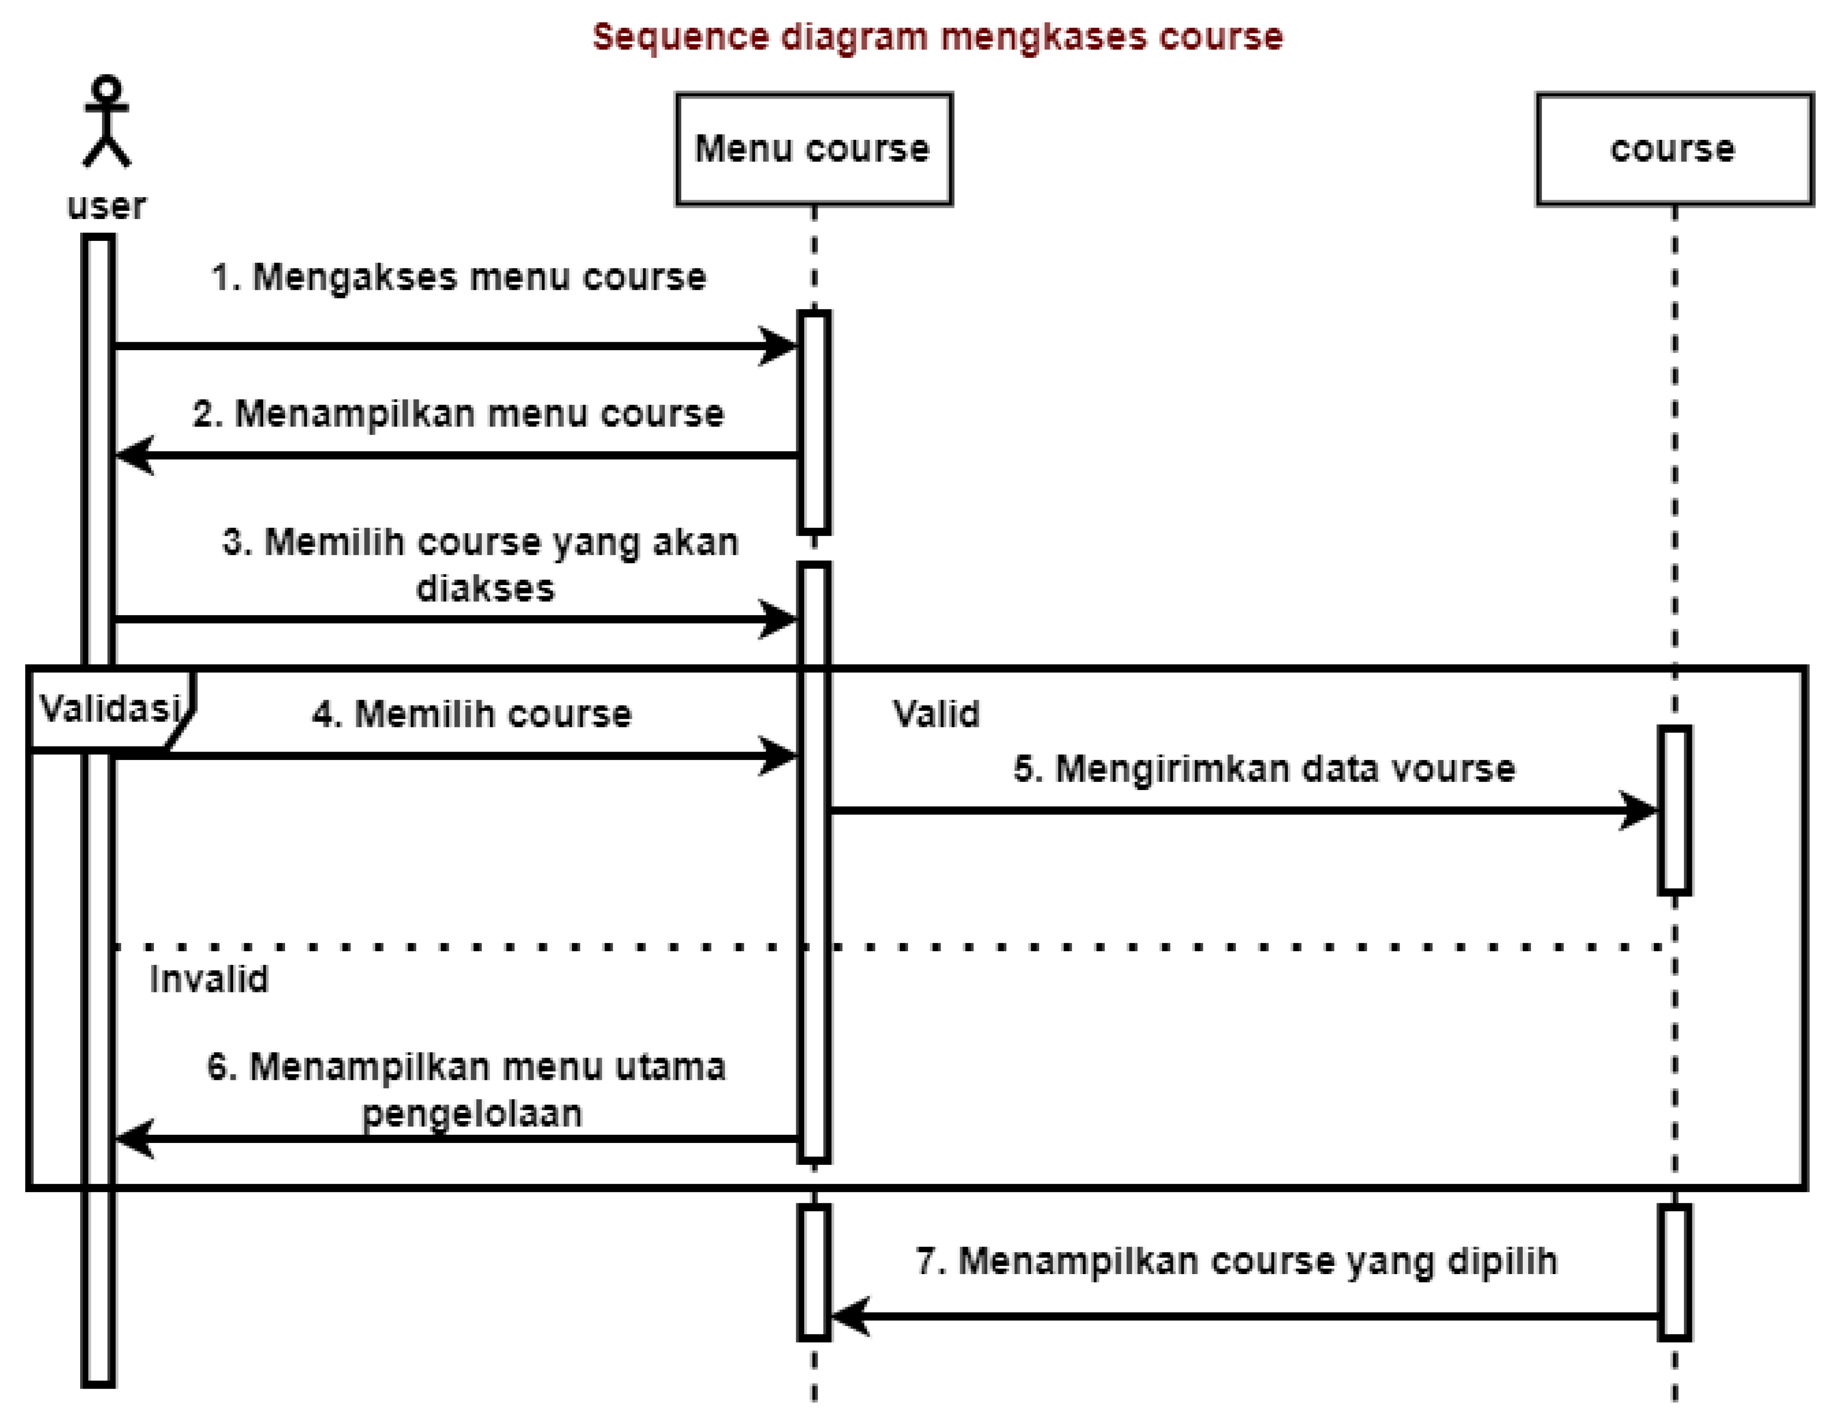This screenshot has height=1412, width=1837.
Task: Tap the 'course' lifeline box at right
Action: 1673,149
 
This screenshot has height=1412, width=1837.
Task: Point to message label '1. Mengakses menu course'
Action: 459,277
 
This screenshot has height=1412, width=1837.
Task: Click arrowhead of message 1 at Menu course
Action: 780,345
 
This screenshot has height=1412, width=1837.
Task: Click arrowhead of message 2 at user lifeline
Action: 133,455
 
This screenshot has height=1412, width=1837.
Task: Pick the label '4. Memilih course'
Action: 472,714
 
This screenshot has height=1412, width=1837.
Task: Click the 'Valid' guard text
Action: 935,714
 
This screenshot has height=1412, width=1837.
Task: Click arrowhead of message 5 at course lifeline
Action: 1639,811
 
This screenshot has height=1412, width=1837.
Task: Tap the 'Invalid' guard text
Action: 208,980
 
